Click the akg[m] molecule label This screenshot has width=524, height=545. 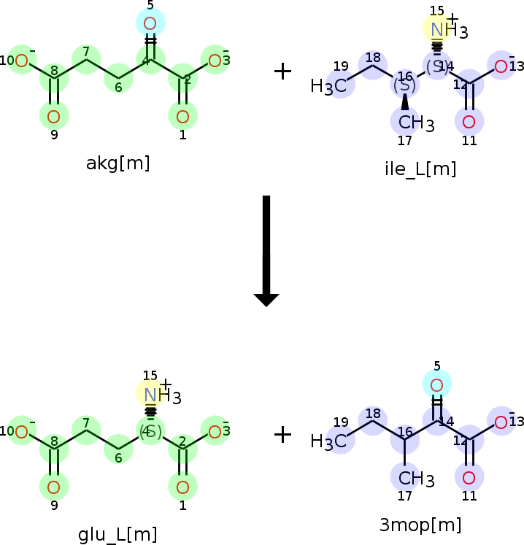117,163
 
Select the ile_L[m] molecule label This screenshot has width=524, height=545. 420,169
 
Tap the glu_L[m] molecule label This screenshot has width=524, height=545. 117,534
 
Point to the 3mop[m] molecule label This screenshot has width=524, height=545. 420,525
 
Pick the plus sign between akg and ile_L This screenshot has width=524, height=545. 282,71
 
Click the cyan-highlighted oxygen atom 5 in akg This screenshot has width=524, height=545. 150,23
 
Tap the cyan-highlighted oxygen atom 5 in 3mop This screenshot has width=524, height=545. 436,384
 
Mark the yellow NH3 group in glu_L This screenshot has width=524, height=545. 153,395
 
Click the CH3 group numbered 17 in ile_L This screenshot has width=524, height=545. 412,123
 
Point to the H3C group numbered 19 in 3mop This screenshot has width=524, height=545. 329,441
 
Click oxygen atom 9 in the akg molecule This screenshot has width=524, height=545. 53,117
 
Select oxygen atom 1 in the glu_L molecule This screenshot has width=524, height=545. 182,487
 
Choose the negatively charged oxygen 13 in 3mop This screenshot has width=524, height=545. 501,422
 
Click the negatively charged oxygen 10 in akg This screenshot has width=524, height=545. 22,61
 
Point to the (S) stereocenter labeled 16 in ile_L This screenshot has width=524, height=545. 405,84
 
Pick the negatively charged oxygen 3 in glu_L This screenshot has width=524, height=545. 215,432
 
